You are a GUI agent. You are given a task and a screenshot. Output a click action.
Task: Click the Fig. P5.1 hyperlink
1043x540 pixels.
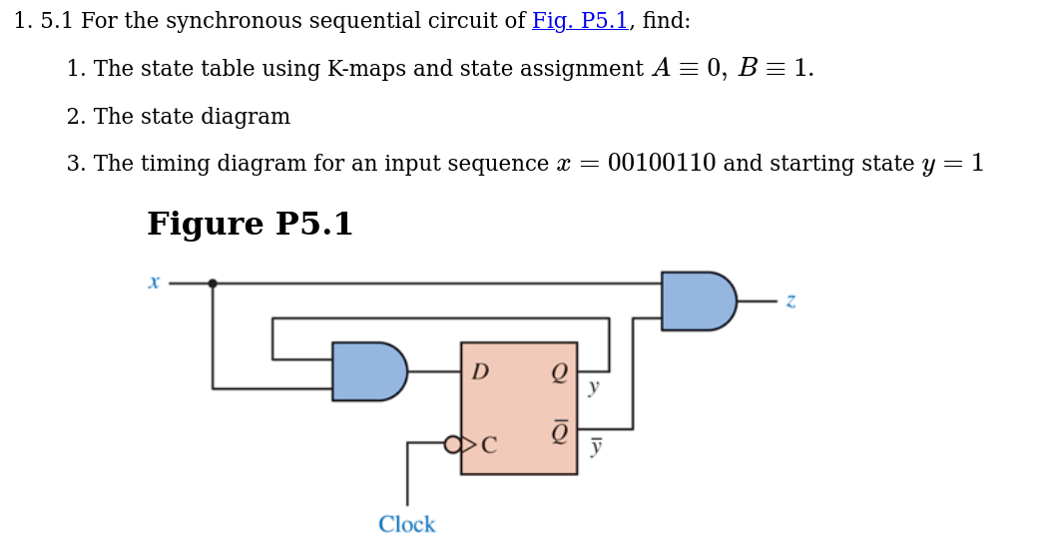coord(579,21)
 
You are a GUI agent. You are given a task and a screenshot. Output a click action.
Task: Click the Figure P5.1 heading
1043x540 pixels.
coord(250,225)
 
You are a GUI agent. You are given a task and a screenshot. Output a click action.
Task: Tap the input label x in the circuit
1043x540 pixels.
coord(154,282)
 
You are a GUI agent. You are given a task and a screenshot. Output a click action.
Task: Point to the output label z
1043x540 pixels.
coord(790,300)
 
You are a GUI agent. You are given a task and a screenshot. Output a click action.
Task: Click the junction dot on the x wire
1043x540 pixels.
coord(213,283)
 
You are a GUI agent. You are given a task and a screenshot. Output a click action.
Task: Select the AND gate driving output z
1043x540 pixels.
coord(697,300)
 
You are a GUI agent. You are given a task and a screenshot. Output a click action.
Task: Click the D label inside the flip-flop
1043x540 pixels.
coord(480,372)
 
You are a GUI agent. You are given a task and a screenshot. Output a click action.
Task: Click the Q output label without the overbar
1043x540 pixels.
coord(559,372)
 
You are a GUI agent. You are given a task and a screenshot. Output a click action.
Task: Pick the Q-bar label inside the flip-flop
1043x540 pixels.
coord(559,432)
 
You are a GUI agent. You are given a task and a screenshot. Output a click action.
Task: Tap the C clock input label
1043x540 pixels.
coord(489,445)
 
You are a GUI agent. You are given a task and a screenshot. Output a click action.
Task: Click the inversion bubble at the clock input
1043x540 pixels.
coord(452,444)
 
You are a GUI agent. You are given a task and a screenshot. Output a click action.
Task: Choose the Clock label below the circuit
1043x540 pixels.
coord(406,525)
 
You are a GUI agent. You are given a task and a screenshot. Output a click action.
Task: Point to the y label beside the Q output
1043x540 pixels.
coord(594,387)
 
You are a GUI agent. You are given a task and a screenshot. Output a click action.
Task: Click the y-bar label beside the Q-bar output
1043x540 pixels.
coord(596,447)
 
